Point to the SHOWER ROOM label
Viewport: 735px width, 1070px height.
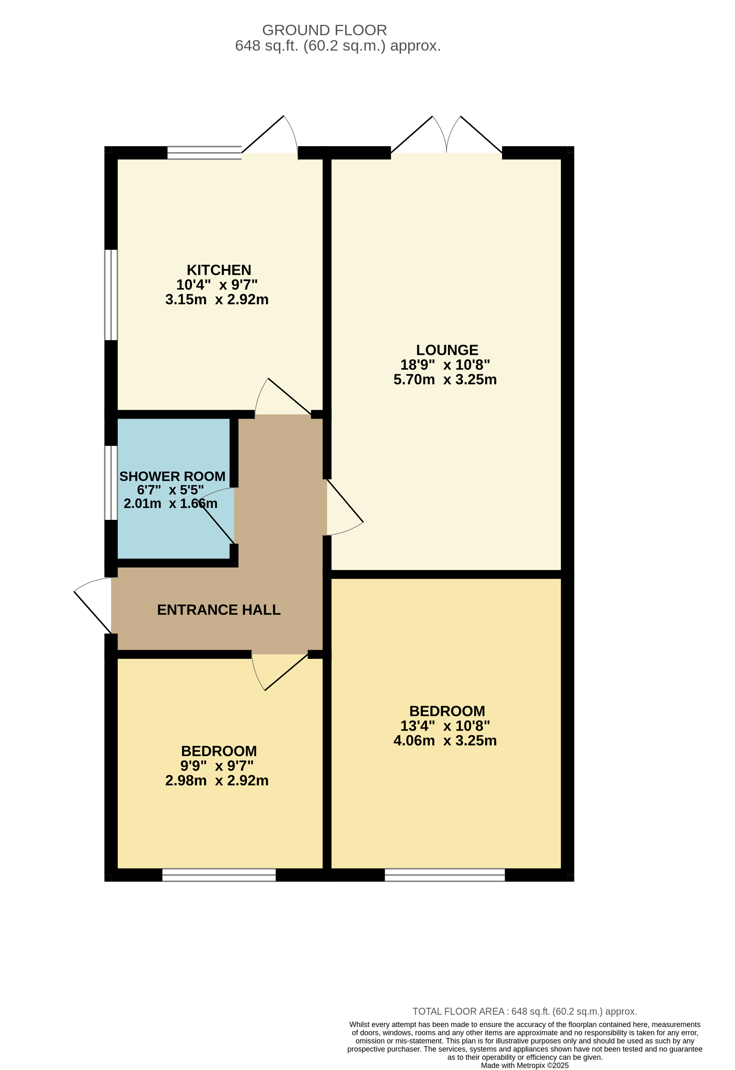(x=172, y=476)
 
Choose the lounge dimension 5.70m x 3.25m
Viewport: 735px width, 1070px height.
(x=445, y=379)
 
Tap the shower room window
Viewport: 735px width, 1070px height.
(x=111, y=483)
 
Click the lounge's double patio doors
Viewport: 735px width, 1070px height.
(x=446, y=135)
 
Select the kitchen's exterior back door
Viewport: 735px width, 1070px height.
(x=270, y=135)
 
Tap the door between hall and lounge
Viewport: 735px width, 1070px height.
(x=345, y=507)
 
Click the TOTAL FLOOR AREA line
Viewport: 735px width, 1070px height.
(x=525, y=1012)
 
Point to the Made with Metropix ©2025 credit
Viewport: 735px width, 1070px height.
(x=525, y=1065)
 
